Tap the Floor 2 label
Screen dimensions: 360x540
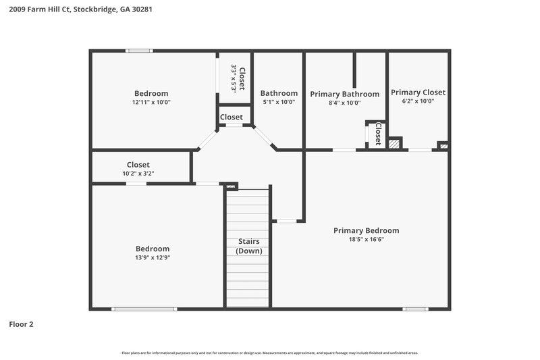click(x=21, y=324)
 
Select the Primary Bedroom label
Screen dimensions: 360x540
click(x=366, y=230)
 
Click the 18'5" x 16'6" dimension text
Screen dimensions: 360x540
click(x=366, y=239)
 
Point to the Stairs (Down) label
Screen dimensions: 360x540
click(x=248, y=246)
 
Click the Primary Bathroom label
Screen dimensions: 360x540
click(x=344, y=94)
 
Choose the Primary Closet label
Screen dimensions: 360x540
click(x=418, y=93)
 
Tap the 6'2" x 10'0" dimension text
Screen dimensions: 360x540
click(x=418, y=101)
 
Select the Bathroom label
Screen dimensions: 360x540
click(x=279, y=93)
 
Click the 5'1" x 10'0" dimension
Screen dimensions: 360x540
click(x=279, y=102)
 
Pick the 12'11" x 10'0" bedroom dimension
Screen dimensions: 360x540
click(x=151, y=103)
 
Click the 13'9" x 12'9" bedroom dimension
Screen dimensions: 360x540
click(x=153, y=257)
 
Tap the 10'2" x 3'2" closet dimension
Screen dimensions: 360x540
click(x=138, y=174)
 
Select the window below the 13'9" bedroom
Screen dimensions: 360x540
click(x=144, y=309)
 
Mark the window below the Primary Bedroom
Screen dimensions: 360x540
click(x=414, y=309)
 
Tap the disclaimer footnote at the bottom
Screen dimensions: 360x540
click(x=269, y=353)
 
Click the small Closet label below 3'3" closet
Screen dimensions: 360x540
click(x=232, y=117)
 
